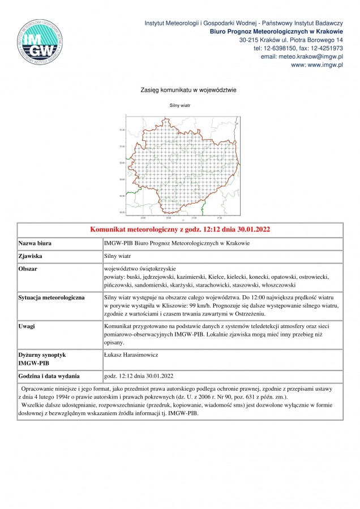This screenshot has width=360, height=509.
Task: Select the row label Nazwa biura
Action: click(35, 243)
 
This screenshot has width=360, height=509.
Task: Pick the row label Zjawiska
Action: click(32, 256)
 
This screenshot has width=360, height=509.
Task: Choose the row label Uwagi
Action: click(28, 326)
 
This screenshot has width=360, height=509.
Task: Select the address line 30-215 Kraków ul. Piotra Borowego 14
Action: click(291, 40)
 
